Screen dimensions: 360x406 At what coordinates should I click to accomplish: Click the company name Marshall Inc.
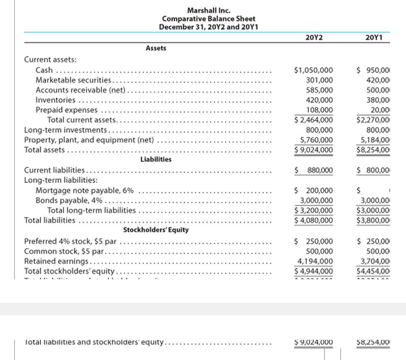click(x=208, y=11)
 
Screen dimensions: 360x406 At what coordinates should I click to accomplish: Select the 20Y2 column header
click(x=314, y=37)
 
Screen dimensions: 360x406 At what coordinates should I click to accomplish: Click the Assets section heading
click(x=156, y=48)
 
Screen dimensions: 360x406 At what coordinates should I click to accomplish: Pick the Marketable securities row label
click(x=73, y=80)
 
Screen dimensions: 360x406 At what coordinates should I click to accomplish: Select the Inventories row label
click(x=55, y=100)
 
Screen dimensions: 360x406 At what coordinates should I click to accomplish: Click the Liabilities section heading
click(x=156, y=159)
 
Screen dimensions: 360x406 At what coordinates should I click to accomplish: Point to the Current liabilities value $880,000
click(x=314, y=170)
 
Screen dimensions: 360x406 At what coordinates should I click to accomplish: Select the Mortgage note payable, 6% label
click(x=84, y=191)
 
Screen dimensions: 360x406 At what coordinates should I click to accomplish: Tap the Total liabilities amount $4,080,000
click(x=314, y=220)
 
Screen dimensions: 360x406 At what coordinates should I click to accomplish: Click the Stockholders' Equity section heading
click(x=156, y=230)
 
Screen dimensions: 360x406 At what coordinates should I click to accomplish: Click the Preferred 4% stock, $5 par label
click(x=73, y=241)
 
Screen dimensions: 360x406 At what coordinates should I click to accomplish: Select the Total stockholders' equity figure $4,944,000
click(x=314, y=271)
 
